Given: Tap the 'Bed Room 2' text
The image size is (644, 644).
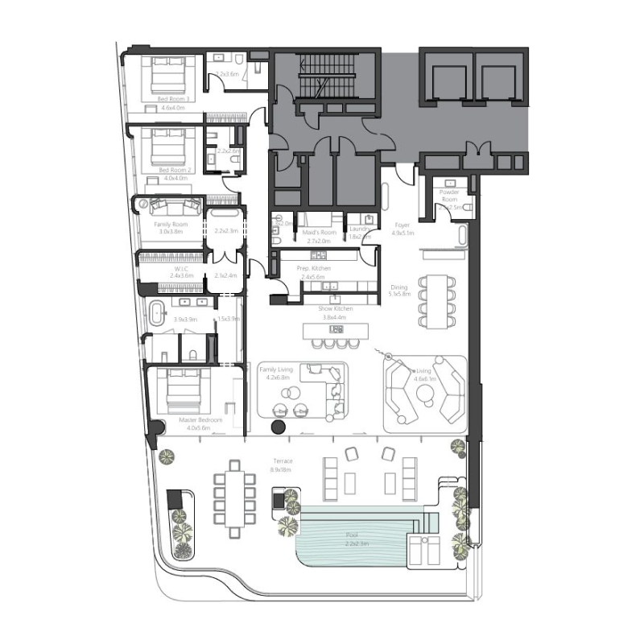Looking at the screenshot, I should click(x=175, y=170).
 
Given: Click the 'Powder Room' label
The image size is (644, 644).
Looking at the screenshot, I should click(x=448, y=196).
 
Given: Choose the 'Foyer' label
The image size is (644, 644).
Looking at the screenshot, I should click(x=402, y=225).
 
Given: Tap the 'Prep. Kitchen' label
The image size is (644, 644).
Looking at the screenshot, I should click(x=316, y=268).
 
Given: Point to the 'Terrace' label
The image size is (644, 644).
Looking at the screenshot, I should click(x=280, y=462).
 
